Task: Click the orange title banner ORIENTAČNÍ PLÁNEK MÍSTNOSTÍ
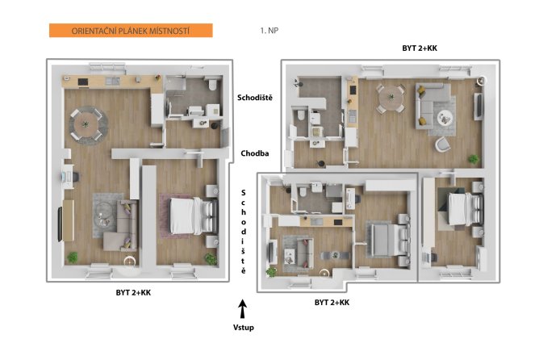pos(131,30)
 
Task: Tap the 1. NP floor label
pos(269,30)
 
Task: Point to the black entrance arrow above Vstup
pos(243,308)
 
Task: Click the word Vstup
pos(244,328)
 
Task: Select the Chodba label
pos(255,153)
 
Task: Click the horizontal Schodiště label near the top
pos(255,98)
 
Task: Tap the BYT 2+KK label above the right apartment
pos(420,48)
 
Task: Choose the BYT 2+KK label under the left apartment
pos(133,293)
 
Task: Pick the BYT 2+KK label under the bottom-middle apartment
pos(332,302)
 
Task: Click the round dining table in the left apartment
pos(86,124)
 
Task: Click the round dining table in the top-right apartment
pos(391,98)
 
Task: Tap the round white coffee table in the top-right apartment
pos(445,119)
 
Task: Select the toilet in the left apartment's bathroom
pos(212,84)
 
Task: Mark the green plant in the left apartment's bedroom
pos(211,259)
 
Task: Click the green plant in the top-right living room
pos(474,159)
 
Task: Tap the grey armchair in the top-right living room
pos(443,144)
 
